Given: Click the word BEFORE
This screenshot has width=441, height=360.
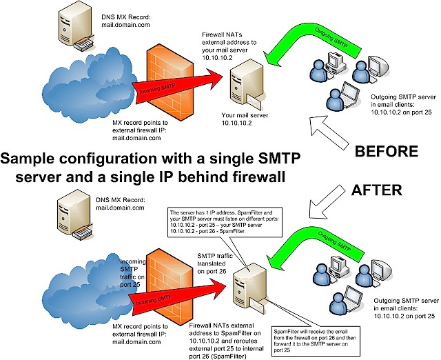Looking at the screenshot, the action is click(387, 152).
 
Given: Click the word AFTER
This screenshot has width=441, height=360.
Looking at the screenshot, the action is click(377, 190).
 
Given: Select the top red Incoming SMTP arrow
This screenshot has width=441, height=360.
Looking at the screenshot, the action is click(177, 86).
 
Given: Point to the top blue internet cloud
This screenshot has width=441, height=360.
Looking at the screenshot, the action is click(90, 84).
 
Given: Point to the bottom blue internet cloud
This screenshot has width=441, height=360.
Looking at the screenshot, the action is click(88, 290).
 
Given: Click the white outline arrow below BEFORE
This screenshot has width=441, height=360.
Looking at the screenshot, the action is click(329, 132).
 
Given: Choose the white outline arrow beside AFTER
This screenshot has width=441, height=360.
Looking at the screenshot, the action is click(326, 201).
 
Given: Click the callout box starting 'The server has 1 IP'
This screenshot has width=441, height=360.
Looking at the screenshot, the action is click(225, 222).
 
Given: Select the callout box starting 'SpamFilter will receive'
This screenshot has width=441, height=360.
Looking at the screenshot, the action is click(316, 341).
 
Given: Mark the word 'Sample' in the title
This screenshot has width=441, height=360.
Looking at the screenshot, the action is click(28, 159).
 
